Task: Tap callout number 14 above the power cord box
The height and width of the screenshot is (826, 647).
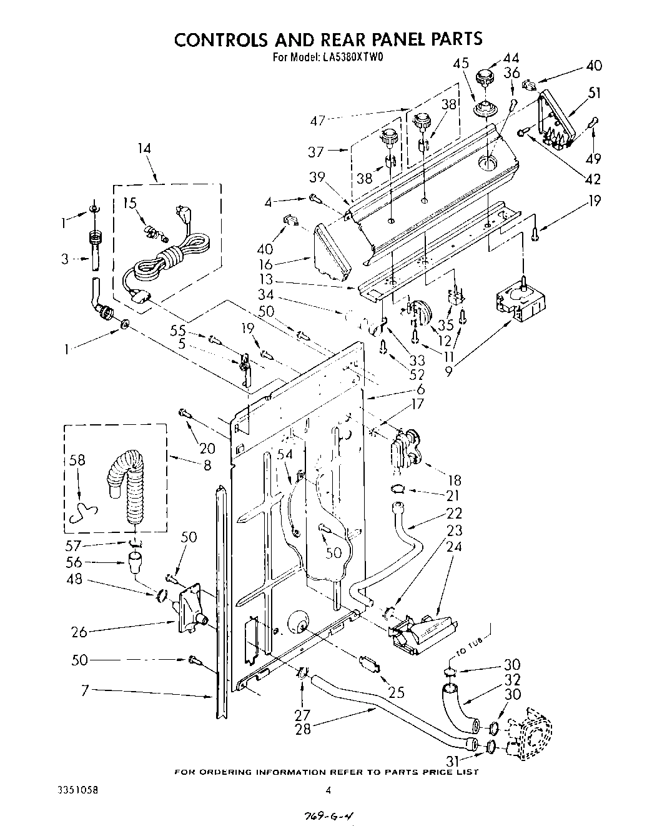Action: coord(144,149)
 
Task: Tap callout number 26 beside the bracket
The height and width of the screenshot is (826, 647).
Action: coord(79,631)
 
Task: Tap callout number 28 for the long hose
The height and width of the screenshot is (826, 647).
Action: coord(302,728)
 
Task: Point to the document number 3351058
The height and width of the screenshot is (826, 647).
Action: coord(77,789)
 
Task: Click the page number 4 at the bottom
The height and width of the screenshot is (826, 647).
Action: coord(327,790)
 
